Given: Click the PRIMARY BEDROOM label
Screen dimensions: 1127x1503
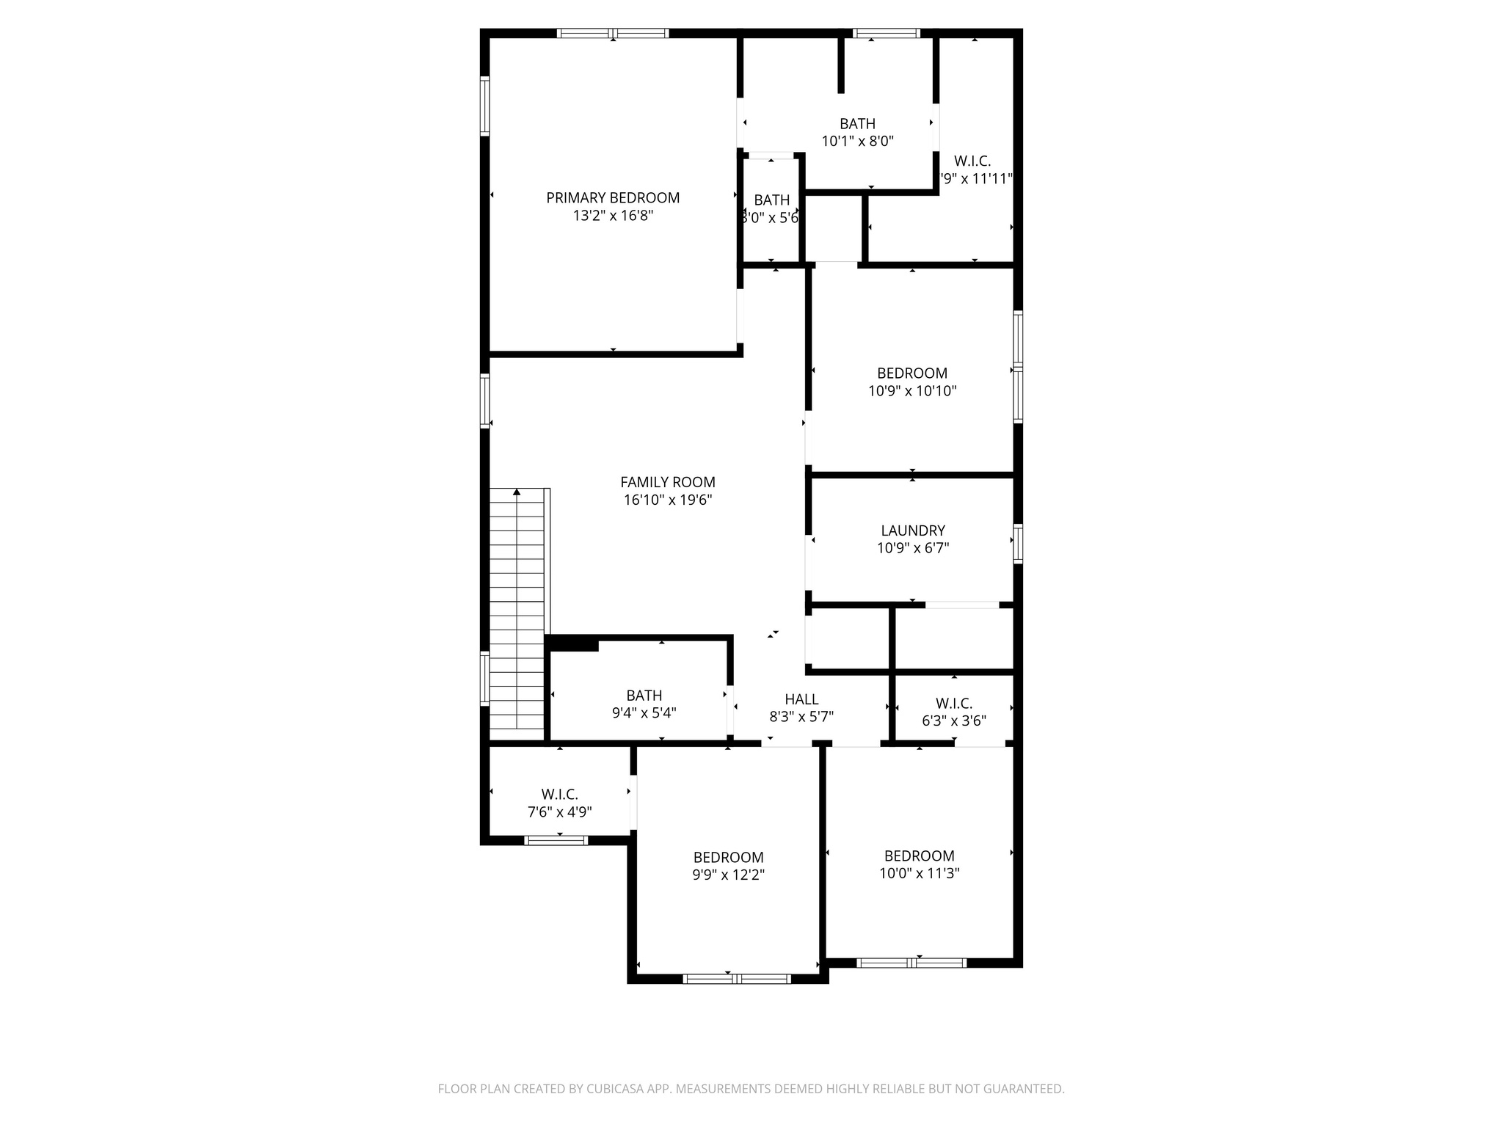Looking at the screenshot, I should click(613, 198).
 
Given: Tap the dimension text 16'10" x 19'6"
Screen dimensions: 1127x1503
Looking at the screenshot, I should click(668, 500).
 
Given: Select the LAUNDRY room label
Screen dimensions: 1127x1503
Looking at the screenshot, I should click(912, 530).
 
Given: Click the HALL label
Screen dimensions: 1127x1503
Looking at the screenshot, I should click(801, 700).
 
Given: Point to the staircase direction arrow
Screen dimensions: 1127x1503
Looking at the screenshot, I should click(517, 492).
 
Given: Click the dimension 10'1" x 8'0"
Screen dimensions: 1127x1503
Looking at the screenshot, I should click(857, 142).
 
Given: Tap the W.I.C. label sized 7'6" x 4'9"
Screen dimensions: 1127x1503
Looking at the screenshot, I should click(559, 795).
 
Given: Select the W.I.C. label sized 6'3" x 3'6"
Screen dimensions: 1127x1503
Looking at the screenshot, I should click(953, 704).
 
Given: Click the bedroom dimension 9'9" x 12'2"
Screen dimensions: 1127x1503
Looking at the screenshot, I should click(728, 875).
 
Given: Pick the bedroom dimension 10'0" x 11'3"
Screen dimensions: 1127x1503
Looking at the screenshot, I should click(919, 874).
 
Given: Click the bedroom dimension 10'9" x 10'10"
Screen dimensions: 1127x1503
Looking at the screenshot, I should click(912, 391).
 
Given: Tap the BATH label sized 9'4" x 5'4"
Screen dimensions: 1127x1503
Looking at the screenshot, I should click(644, 696).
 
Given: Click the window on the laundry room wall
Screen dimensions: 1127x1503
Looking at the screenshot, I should click(1018, 544).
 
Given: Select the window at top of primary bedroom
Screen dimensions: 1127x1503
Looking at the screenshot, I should click(613, 33).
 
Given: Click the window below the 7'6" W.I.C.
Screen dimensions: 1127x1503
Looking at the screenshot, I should click(556, 840).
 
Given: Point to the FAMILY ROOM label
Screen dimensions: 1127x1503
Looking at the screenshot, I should click(668, 483).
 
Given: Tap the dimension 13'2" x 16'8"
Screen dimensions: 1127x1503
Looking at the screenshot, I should click(613, 216).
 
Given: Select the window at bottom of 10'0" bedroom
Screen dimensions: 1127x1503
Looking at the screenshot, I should click(911, 963).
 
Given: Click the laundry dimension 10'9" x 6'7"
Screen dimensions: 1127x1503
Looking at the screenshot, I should click(912, 548).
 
